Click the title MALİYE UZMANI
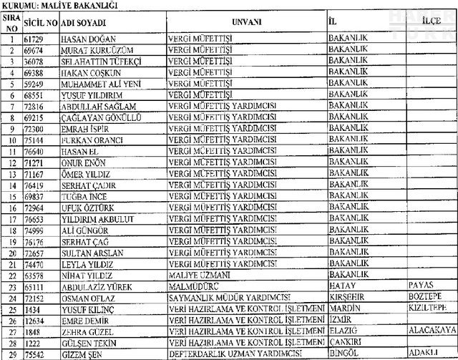pyautogui.click(x=198, y=274)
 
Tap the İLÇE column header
pyautogui.click(x=430, y=21)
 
